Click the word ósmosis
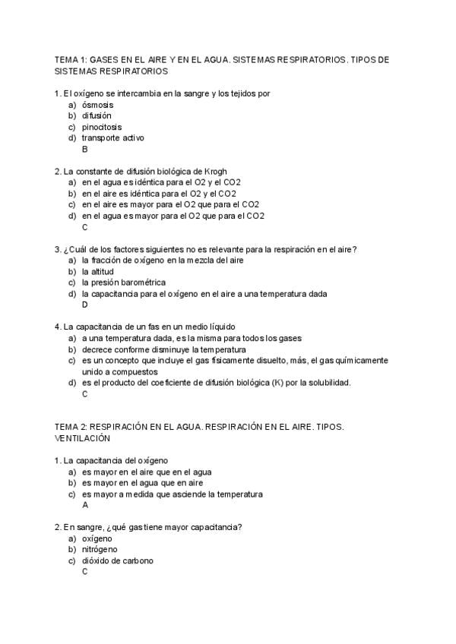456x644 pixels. click(x=97, y=104)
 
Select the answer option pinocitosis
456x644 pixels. click(x=101, y=127)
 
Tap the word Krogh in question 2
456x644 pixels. click(x=215, y=171)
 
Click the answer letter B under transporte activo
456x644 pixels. click(x=85, y=149)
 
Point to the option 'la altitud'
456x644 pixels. click(x=97, y=271)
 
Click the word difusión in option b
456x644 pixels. click(x=97, y=115)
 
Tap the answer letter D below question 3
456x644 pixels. click(x=85, y=305)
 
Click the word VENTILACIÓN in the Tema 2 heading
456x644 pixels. click(x=83, y=438)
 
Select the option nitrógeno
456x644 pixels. click(x=100, y=549)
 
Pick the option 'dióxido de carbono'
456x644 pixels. click(x=117, y=560)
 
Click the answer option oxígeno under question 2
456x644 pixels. click(x=97, y=538)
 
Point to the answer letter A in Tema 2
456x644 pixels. click(x=85, y=504)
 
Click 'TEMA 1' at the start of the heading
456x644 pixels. click(x=71, y=59)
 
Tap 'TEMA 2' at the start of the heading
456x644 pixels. click(x=71, y=427)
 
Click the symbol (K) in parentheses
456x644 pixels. click(x=276, y=383)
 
